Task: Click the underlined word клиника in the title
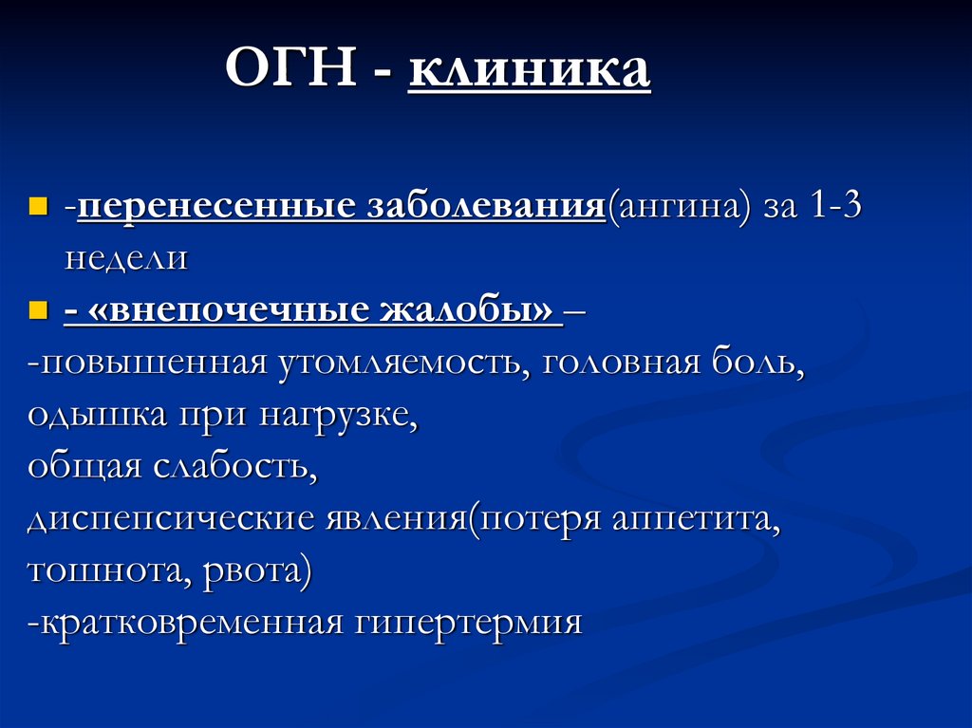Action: tap(530, 71)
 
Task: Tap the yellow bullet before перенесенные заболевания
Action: tap(38, 206)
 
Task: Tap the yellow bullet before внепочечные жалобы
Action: tap(38, 309)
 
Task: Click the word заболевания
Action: tap(485, 206)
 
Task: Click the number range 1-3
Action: tap(835, 206)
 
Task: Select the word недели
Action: tap(125, 258)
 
